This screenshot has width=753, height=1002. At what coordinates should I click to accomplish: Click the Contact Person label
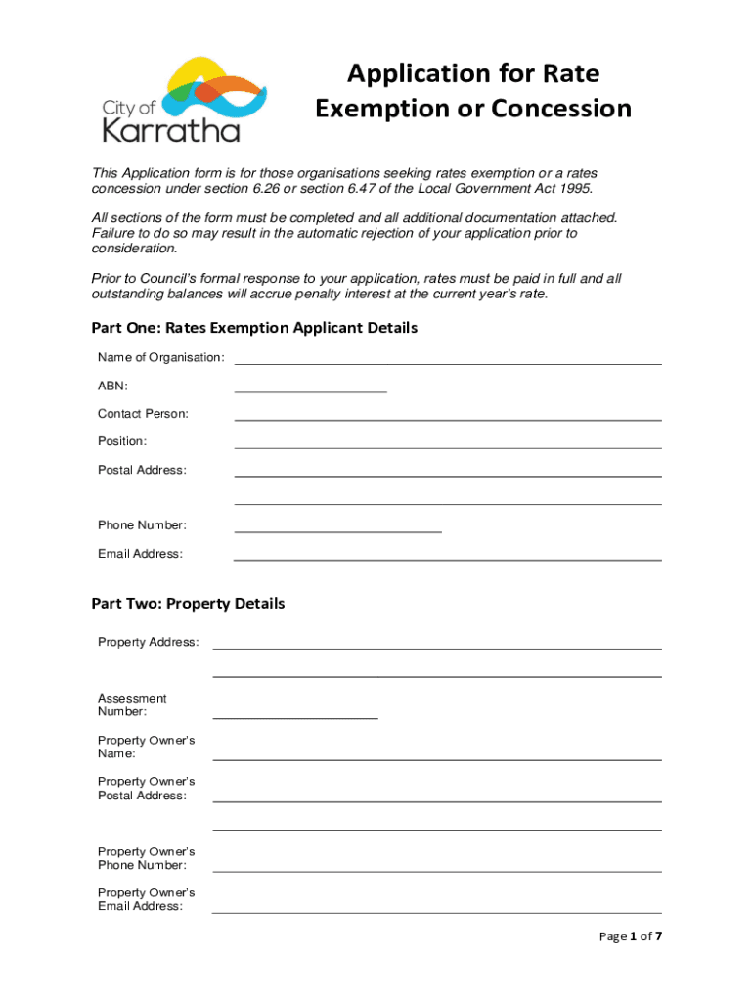pyautogui.click(x=143, y=414)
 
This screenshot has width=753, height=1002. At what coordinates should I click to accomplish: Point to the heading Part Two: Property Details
pyautogui.click(x=188, y=604)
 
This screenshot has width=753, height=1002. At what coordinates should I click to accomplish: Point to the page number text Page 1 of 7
pyautogui.click(x=631, y=936)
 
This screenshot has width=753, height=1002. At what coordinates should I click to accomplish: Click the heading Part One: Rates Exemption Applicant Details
pyautogui.click(x=254, y=328)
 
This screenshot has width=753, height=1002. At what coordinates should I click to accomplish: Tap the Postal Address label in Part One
pyautogui.click(x=142, y=470)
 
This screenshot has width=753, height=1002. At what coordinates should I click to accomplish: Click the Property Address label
pyautogui.click(x=148, y=642)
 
